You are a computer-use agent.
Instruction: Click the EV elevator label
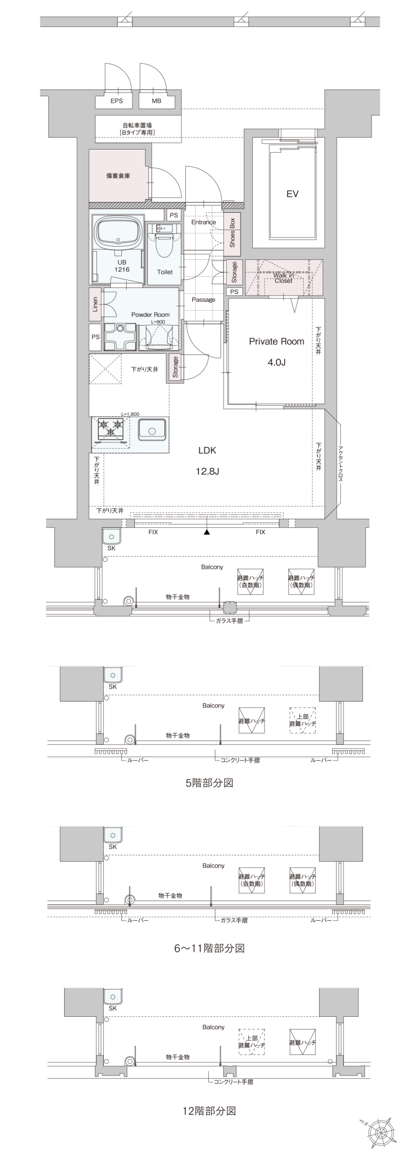(292, 194)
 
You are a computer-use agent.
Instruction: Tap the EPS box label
(116, 101)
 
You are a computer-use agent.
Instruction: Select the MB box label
(156, 101)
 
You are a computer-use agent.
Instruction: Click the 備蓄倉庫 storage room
(118, 176)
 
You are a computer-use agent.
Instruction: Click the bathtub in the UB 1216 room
(118, 232)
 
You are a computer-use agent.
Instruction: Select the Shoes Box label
(232, 233)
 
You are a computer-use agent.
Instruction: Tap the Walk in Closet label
(284, 278)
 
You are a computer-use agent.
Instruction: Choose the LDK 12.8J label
(207, 460)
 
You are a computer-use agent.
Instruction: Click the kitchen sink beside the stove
(152, 429)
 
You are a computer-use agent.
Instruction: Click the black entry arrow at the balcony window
(207, 532)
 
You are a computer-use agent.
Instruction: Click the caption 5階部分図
(209, 782)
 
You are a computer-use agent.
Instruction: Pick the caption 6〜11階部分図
(209, 948)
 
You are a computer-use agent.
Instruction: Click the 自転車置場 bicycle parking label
(137, 128)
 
